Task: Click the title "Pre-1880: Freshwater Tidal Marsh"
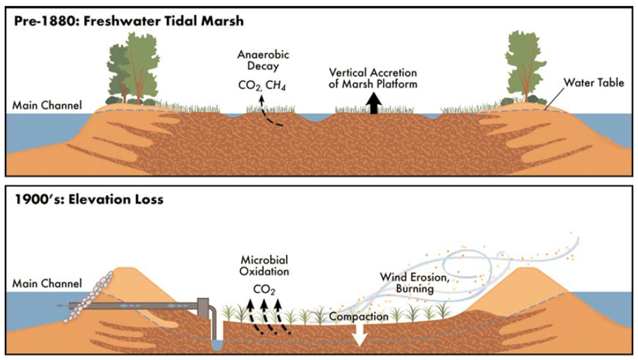pyautogui.click(x=128, y=21)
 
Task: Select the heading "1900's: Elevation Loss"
pyautogui.click(x=89, y=199)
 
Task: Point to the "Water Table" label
pyautogui.click(x=594, y=83)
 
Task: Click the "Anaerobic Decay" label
pyautogui.click(x=263, y=60)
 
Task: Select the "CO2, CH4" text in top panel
pyautogui.click(x=262, y=86)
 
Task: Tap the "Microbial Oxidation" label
pyautogui.click(x=264, y=266)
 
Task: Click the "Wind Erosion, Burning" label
pyautogui.click(x=414, y=283)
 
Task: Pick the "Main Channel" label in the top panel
pyautogui.click(x=47, y=106)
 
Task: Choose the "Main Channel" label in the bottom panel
pyautogui.click(x=47, y=284)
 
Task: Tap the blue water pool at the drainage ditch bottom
pyautogui.click(x=216, y=346)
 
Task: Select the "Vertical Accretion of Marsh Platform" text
pyautogui.click(x=373, y=78)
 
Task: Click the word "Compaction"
pyautogui.click(x=359, y=316)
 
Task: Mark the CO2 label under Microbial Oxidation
pyautogui.click(x=264, y=290)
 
